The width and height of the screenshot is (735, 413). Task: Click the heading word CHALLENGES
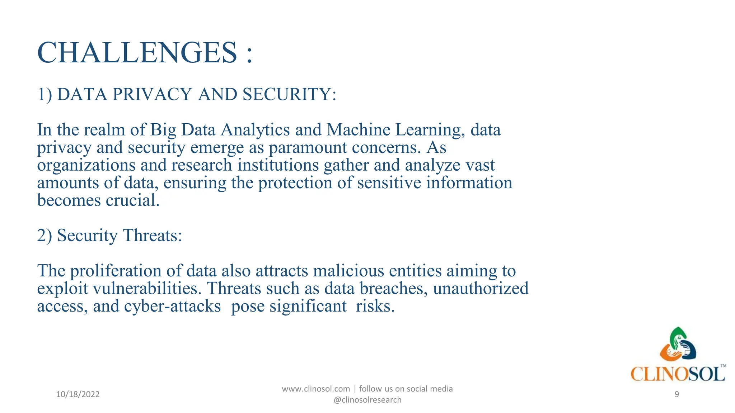pos(137,53)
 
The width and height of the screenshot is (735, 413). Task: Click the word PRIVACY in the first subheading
pos(152,95)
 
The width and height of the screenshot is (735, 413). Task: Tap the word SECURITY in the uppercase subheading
pos(289,95)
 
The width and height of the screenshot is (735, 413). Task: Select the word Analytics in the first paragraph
pos(255,130)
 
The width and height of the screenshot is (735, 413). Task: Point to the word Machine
pos(358,130)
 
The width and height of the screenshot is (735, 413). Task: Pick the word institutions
pos(278,165)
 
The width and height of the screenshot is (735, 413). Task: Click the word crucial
pos(132,200)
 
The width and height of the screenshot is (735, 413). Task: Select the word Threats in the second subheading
pos(152,236)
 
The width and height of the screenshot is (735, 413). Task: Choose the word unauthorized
pos(481,289)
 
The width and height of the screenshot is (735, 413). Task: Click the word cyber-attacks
pos(172,306)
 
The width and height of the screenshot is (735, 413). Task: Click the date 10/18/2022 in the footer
pos(78,394)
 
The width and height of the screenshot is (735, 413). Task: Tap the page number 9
pos(677,394)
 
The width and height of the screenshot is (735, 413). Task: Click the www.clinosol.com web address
pos(316,389)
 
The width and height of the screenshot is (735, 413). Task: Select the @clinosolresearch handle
pos(367,400)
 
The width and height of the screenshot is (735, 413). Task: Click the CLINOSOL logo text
pos(678,374)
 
